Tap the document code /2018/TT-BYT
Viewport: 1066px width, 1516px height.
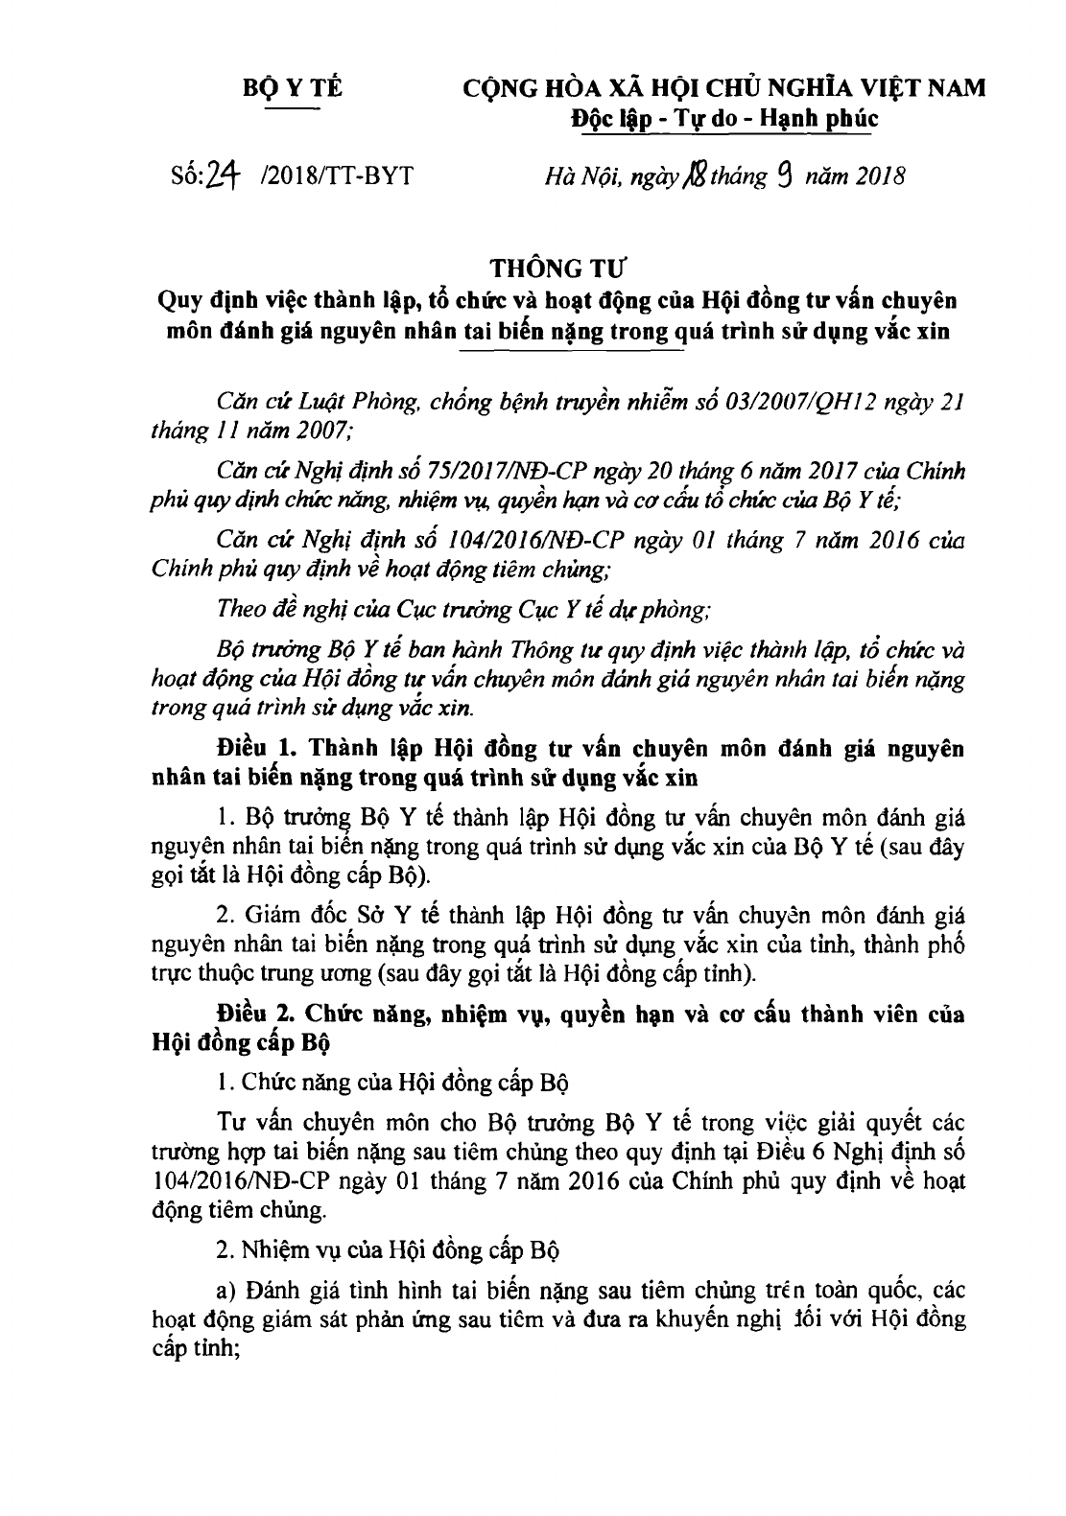point(329,178)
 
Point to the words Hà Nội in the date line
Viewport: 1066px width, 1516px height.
point(573,178)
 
